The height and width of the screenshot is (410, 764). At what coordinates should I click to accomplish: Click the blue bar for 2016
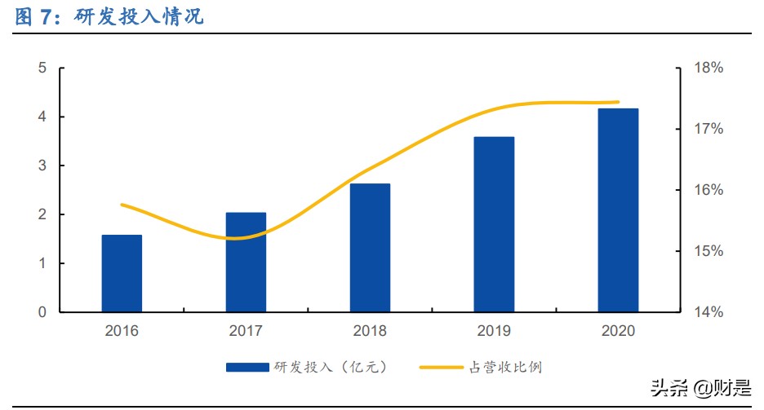point(122,273)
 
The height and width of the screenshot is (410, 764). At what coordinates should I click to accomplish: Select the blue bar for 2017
point(246,262)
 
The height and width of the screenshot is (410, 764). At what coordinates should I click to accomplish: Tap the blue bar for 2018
point(370,248)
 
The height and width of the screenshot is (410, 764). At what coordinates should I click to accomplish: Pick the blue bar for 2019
point(494,224)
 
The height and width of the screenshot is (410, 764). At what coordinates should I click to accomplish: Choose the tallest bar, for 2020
point(618,210)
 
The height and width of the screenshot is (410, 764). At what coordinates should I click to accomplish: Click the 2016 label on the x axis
point(122,331)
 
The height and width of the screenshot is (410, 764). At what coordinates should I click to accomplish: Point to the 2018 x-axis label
point(370,331)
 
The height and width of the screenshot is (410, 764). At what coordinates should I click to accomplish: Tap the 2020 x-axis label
point(618,331)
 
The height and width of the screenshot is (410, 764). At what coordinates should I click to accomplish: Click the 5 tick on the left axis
point(42,68)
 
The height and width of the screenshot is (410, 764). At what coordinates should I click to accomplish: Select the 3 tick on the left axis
point(42,165)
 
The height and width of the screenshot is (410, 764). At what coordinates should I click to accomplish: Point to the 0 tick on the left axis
point(42,312)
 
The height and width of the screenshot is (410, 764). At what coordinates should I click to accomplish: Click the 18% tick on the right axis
point(708,68)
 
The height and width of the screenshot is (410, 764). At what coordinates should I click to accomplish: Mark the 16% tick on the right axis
point(708,190)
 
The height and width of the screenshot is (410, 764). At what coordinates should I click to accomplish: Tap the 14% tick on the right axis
point(708,312)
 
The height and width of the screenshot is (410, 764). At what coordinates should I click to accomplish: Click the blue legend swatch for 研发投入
point(247,368)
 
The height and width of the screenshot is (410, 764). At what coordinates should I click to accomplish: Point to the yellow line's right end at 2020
point(618,103)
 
